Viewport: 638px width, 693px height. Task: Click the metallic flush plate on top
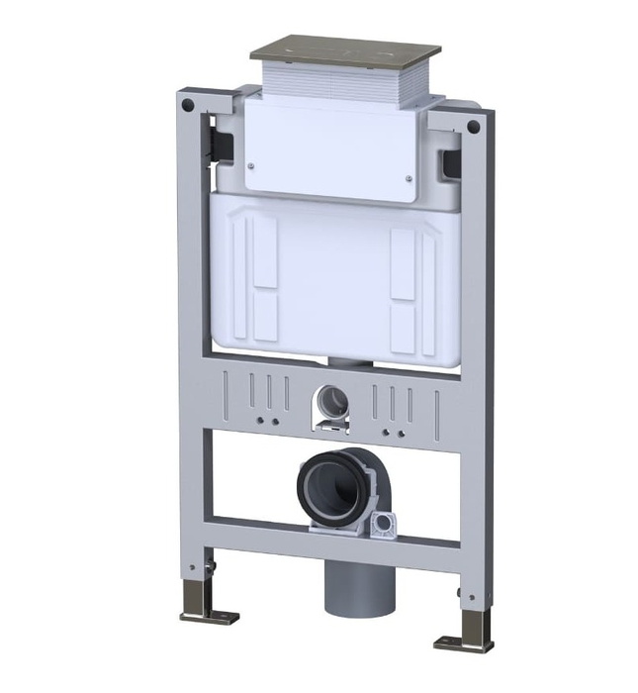344,51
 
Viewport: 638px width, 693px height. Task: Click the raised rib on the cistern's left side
248,272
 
